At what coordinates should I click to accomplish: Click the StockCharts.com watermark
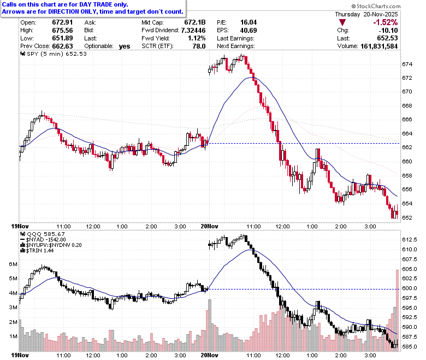pos(376,6)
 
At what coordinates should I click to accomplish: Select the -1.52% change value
pos(385,22)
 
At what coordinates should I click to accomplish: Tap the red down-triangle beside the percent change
pos(342,22)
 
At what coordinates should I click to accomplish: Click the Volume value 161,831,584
pos(379,46)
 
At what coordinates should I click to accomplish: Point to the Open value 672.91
pos(62,22)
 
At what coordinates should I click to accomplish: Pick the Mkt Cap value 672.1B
pos(195,22)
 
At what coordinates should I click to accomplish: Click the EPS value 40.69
pos(248,31)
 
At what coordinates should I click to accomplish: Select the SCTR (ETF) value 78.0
pos(199,46)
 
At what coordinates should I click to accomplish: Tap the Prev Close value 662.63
pos(62,46)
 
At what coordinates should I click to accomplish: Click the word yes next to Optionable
pos(125,46)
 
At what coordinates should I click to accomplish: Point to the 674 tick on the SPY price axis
pos(407,64)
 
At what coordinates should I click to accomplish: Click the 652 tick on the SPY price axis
pos(407,218)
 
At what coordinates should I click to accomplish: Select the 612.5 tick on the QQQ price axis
pos(410,240)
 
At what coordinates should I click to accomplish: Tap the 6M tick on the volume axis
pos(13,264)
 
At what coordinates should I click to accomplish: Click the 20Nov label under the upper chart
pos(210,226)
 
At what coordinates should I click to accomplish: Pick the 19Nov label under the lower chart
pos(20,356)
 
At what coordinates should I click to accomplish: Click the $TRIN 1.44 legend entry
pos(37,251)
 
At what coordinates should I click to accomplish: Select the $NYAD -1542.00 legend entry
pos(43,240)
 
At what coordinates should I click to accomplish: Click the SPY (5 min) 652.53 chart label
pos(54,54)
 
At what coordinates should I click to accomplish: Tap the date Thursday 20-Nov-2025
pos(366,14)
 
